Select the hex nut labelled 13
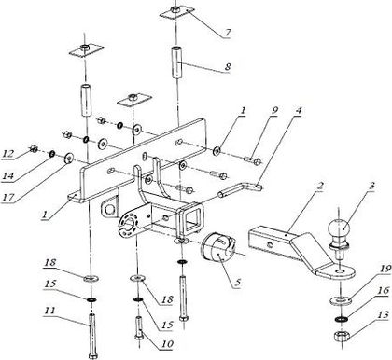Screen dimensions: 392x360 pyautogui.click(x=342, y=337)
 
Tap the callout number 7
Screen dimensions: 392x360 pyautogui.click(x=228, y=32)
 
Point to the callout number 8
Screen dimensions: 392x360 pyautogui.click(x=228, y=66)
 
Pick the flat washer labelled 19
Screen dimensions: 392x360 pyautogui.click(x=341, y=300)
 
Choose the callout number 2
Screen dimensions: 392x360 pyautogui.click(x=320, y=187)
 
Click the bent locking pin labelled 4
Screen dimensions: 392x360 pyautogui.click(x=240, y=189)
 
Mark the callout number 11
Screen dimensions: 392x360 pyautogui.click(x=49, y=311)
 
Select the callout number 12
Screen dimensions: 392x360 pyautogui.click(x=8, y=153)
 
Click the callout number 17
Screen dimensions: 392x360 pyautogui.click(x=8, y=197)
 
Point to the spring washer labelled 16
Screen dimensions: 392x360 pyautogui.click(x=342, y=319)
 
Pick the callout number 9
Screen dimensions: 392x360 pyautogui.click(x=273, y=111)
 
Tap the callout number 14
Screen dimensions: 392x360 pyautogui.click(x=8, y=176)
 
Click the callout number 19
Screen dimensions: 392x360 pyautogui.click(x=385, y=269)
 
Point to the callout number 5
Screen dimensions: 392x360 pyautogui.click(x=238, y=283)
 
